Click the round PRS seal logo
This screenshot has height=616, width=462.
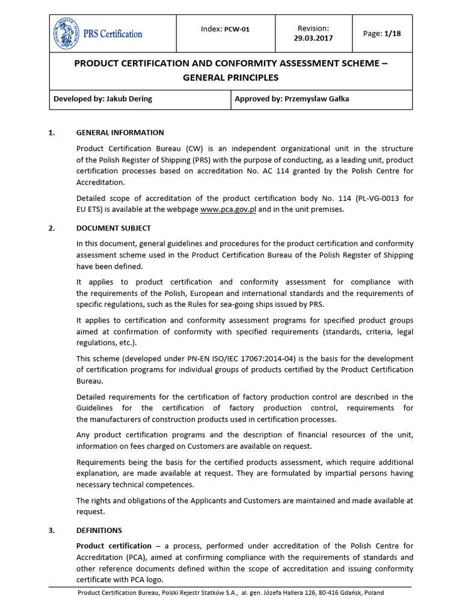67,34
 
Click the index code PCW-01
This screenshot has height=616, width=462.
236,29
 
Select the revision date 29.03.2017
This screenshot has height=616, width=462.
313,38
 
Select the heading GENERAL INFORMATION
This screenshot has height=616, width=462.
120,132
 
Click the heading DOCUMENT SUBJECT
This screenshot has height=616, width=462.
113,228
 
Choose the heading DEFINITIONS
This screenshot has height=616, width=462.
99,530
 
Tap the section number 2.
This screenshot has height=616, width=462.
51,228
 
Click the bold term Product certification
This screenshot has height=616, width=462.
114,546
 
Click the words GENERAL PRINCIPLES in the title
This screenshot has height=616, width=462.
231,77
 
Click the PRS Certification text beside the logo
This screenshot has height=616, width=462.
112,34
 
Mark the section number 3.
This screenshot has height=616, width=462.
51,530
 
